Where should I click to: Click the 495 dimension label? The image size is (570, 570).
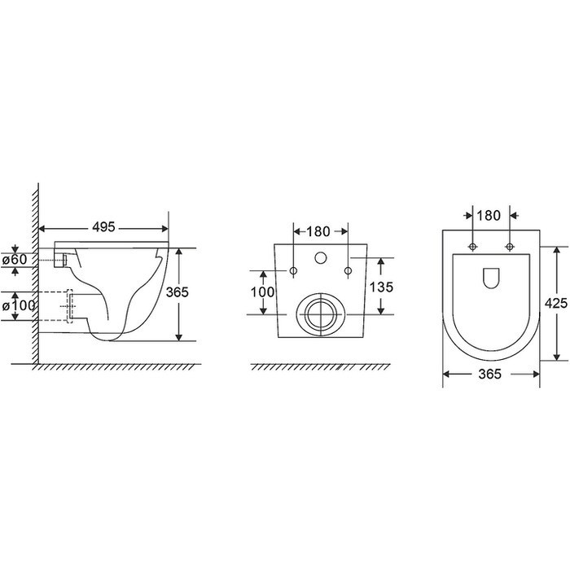tap(103, 227)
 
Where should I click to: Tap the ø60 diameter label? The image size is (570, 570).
tap(15, 260)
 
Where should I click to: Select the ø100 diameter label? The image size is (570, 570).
tap(19, 305)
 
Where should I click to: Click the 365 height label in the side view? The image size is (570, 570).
tap(178, 292)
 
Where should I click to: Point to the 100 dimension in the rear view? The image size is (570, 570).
tap(263, 292)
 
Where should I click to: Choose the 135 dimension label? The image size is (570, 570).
tap(381, 287)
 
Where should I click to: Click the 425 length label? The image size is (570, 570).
tap(556, 303)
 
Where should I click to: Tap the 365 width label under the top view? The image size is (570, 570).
tap(489, 374)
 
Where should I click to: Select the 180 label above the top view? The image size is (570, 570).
tap(489, 216)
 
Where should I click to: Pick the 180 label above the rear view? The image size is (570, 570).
tap(318, 231)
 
